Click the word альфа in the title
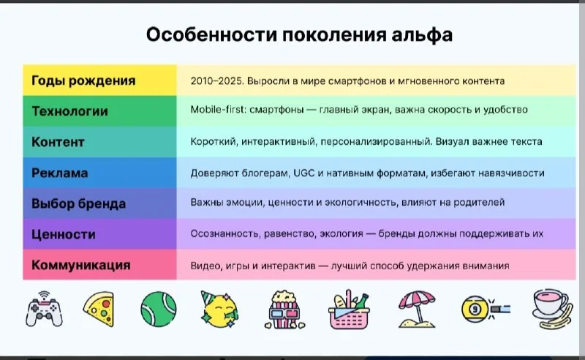click(422, 34)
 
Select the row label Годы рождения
click(83, 80)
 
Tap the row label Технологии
click(69, 111)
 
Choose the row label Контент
click(58, 142)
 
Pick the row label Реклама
click(60, 173)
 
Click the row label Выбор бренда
click(78, 203)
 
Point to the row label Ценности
click(64, 235)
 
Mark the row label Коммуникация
click(81, 265)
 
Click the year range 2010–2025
click(216, 81)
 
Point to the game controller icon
click(44, 310)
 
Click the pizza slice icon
click(99, 310)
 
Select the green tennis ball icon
click(159, 310)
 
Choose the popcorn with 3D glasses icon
click(284, 310)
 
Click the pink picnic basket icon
click(349, 310)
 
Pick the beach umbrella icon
click(417, 310)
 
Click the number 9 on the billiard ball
click(475, 310)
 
